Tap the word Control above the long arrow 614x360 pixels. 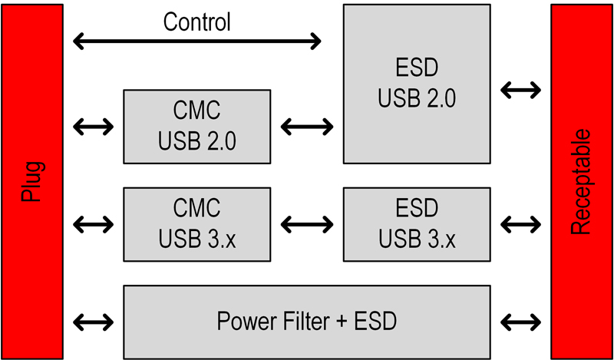[196, 21]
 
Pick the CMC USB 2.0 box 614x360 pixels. [197, 126]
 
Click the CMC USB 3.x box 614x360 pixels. [197, 223]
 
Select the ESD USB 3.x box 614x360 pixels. [417, 223]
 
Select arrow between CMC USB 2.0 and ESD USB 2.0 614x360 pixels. [307, 126]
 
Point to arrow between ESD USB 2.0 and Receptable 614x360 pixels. [520, 90]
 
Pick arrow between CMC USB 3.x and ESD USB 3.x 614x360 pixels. [307, 224]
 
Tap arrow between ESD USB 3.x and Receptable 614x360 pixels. [520, 224]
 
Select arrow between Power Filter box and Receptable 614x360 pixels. [520, 320]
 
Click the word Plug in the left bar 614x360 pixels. [32, 181]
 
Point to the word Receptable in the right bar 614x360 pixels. [581, 183]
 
